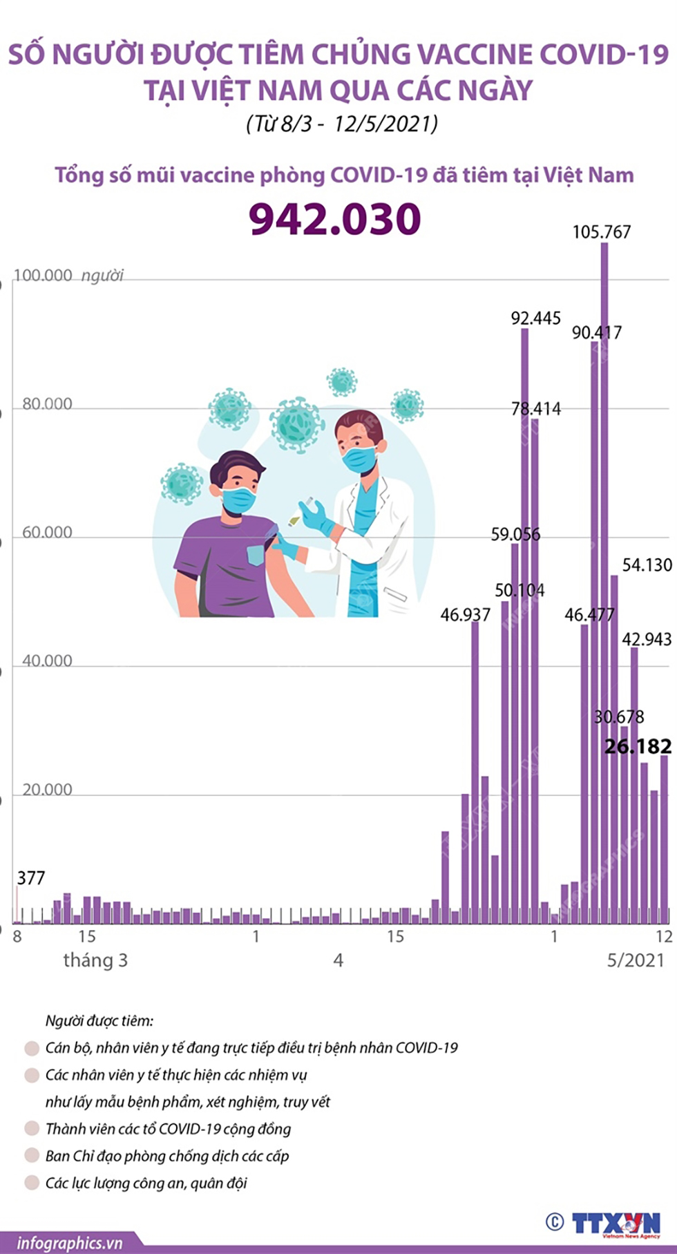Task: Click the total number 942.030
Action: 335,219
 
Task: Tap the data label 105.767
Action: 601,232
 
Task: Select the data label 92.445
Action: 535,319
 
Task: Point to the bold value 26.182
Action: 638,747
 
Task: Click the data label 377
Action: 31,878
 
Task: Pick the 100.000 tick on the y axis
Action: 43,276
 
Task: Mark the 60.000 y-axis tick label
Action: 47,533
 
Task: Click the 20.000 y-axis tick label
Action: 47,790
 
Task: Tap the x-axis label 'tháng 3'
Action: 95,960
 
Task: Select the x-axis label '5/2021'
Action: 635,960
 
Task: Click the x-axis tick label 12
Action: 664,937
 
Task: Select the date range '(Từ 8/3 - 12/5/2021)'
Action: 342,124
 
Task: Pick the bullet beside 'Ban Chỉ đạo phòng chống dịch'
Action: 32,1155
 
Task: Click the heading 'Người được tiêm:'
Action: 99,1020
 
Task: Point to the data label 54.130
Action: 647,565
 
